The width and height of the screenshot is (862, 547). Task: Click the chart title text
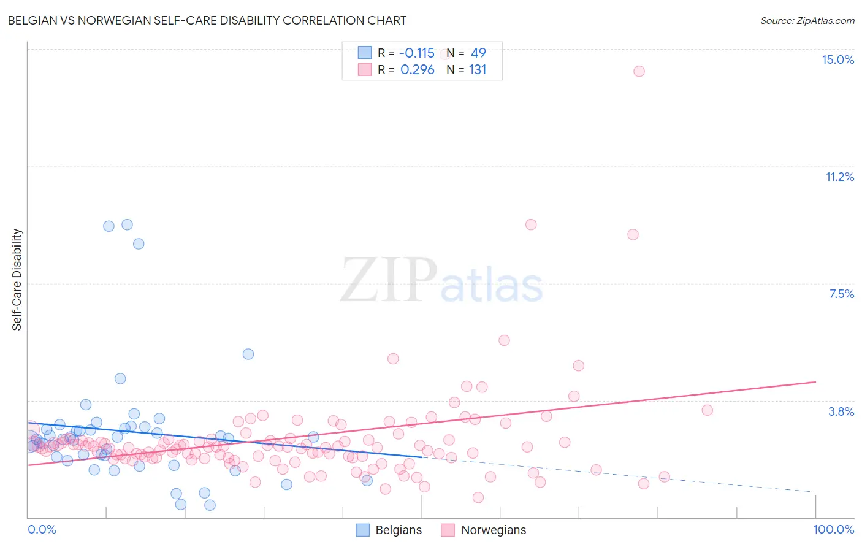point(207,20)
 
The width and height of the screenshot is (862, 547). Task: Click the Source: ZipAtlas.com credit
point(807,20)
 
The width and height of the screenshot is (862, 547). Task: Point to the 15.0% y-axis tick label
point(837,59)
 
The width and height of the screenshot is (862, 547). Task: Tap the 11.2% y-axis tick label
point(839,177)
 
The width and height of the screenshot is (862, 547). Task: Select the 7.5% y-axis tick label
point(841,294)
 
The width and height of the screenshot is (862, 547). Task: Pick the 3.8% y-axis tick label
point(841,411)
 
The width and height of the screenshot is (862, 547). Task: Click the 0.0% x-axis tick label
point(42,529)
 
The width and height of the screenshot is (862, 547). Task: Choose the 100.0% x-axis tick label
point(833,529)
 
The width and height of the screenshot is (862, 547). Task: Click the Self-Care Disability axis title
point(17,280)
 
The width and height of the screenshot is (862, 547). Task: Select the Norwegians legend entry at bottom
point(484,530)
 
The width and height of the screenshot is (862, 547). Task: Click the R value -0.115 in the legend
point(417,53)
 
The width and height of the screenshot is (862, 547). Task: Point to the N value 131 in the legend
point(478,69)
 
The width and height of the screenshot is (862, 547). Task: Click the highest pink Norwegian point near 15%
point(639,71)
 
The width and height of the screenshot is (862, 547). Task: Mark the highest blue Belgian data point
point(127,224)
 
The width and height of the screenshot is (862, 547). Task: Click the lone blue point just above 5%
point(248,354)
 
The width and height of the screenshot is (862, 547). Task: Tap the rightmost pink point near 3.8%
point(707,410)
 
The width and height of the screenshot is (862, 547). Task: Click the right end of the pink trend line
point(815,382)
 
